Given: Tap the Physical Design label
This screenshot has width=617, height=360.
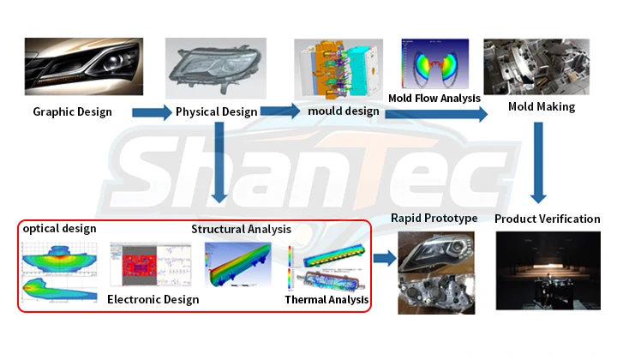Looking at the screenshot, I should (x=216, y=111).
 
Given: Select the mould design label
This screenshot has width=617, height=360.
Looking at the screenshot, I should (x=341, y=111).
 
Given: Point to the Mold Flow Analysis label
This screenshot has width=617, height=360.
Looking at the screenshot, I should (x=434, y=99).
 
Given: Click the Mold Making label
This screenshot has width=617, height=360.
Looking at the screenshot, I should (x=541, y=107).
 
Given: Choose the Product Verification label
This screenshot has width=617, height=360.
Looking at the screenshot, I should (x=547, y=219).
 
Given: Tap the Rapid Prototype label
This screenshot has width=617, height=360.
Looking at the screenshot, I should (x=434, y=218).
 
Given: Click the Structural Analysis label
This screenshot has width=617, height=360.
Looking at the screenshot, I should (x=241, y=229).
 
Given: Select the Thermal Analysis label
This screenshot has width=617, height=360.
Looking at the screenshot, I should (x=326, y=299).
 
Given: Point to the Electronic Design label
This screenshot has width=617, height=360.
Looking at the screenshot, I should (x=153, y=299).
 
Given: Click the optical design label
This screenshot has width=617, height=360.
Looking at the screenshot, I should (x=59, y=229).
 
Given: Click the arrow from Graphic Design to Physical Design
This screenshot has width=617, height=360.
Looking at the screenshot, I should (x=152, y=111).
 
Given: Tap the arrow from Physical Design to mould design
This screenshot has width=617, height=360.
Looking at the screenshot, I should (x=280, y=111).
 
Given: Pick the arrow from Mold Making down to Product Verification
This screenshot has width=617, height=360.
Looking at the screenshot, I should (x=538, y=163).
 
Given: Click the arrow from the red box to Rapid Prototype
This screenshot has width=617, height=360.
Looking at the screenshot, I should (x=385, y=257).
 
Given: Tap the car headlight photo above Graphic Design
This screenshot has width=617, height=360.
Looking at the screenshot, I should (x=83, y=67).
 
